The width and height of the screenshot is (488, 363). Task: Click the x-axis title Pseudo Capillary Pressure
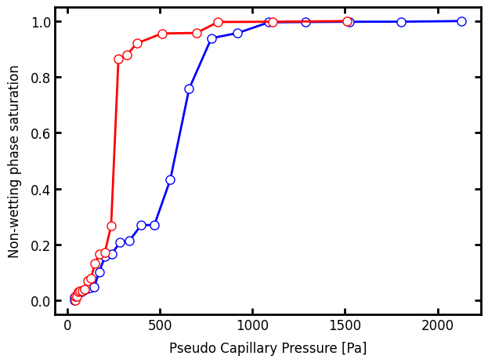pyautogui.click(x=267, y=348)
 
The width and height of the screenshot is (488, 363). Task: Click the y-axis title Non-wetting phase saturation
pyautogui.click(x=14, y=161)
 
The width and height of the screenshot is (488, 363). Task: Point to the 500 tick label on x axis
pyautogui.click(x=160, y=327)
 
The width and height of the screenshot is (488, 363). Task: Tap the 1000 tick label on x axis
pyautogui.click(x=252, y=327)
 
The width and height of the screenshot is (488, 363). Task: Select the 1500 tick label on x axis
pyautogui.click(x=345, y=327)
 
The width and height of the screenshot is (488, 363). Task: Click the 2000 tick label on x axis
pyautogui.click(x=437, y=327)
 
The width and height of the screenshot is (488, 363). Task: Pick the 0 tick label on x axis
pyautogui.click(x=67, y=327)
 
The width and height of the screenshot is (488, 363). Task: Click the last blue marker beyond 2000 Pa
pyautogui.click(x=461, y=21)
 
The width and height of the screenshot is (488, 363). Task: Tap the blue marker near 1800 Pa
pyautogui.click(x=401, y=22)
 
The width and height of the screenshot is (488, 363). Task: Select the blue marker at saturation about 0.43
pyautogui.click(x=170, y=180)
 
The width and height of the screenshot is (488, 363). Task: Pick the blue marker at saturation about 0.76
pyautogui.click(x=189, y=89)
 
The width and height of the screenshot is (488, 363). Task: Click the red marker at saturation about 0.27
pyautogui.click(x=111, y=226)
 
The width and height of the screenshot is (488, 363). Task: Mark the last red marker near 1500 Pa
pyautogui.click(x=347, y=21)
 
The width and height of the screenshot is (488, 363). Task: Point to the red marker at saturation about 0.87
pyautogui.click(x=118, y=59)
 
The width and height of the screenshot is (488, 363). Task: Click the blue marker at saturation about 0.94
pyautogui.click(x=211, y=38)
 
